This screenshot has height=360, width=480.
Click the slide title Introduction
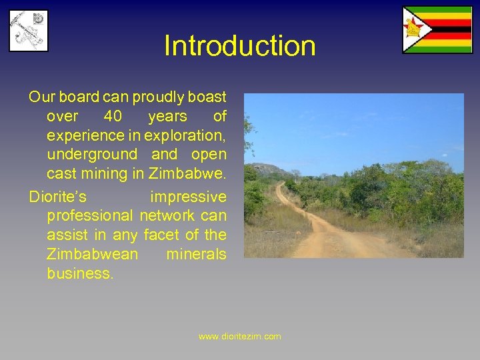pos(240,46)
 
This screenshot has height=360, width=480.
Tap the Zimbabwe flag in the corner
pos(437,29)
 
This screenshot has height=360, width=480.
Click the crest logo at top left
pos(28,30)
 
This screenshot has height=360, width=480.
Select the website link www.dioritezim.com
pos(240,337)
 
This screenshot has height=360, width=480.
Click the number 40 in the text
pos(113,117)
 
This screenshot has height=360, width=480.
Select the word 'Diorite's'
pos(58,197)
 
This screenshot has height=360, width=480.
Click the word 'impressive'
pos(188,197)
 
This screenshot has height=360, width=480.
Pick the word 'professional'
pos(90,216)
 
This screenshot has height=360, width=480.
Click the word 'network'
pos(167,216)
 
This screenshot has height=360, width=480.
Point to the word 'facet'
pos(161,235)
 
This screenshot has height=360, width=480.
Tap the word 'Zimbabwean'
pos(93,255)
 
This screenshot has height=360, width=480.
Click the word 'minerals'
pos(196,255)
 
